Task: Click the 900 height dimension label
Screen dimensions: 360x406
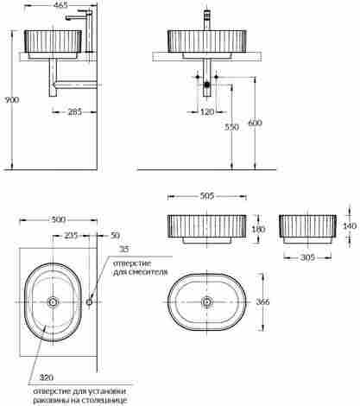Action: point(12,100)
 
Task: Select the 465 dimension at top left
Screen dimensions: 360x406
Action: point(61,5)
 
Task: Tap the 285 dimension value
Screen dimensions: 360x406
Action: point(74,111)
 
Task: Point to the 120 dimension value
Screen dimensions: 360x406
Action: point(207,111)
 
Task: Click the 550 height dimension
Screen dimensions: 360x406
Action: point(231,127)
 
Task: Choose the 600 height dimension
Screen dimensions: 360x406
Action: point(255,123)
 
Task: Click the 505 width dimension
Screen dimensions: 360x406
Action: point(207,196)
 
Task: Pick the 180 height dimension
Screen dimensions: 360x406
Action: point(258,229)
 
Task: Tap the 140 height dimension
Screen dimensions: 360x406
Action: point(350,226)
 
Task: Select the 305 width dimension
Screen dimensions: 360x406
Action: point(307,257)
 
